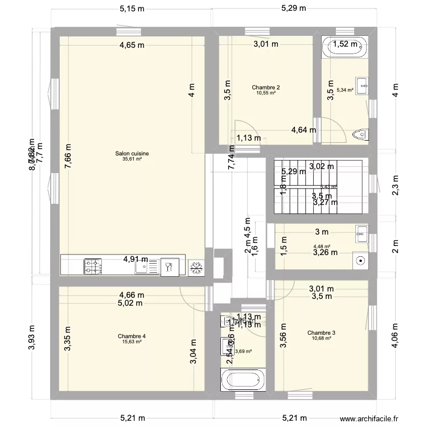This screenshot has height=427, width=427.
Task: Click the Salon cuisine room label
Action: (132, 153)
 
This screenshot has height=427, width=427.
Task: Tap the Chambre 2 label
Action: (266, 88)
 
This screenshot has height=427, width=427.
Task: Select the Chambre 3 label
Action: (321, 333)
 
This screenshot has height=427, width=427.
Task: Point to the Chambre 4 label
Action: (132, 336)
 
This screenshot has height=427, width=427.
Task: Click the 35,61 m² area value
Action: (132, 159)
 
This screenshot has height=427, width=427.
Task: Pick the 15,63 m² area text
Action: (132, 342)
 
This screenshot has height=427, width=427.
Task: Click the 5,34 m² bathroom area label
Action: (345, 89)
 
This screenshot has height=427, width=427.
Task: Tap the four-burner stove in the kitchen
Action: (93, 265)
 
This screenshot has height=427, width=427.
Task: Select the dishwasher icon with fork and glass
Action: (169, 266)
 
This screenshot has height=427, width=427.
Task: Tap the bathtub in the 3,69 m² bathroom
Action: (243, 379)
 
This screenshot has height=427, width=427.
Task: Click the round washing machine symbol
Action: (360, 260)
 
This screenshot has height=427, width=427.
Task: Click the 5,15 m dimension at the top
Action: (132, 9)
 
